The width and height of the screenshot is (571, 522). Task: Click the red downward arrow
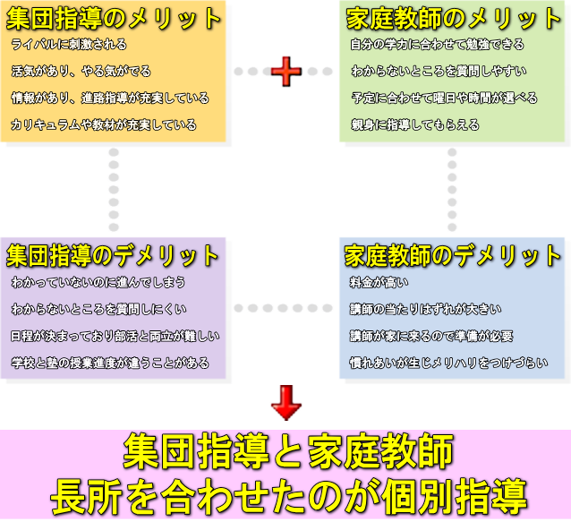[x=286, y=402]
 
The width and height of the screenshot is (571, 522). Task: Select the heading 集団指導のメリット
[x=113, y=17]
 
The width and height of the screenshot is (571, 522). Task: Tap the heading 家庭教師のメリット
[x=454, y=17]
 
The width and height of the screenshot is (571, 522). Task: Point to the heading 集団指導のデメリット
[x=113, y=255]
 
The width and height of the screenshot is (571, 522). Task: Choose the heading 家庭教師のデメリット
[x=454, y=255]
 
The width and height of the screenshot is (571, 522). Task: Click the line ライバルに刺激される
[x=69, y=44]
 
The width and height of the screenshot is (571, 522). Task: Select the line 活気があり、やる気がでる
[x=81, y=71]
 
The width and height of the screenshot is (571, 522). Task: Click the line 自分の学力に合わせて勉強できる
[x=437, y=44]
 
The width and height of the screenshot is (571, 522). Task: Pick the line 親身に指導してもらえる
[x=414, y=124]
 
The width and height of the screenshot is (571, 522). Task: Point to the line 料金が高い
[x=379, y=283]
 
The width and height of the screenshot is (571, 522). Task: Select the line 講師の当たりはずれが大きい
[x=419, y=310]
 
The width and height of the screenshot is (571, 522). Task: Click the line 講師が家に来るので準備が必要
[x=431, y=337]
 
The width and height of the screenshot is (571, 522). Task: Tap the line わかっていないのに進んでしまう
[x=98, y=283]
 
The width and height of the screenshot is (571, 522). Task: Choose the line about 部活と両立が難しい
[x=115, y=337]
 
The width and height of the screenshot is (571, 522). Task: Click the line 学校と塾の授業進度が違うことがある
[x=110, y=364]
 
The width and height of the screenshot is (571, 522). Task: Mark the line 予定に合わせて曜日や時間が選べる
[x=443, y=98]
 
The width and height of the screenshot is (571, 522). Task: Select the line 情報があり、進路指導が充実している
[x=110, y=98]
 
